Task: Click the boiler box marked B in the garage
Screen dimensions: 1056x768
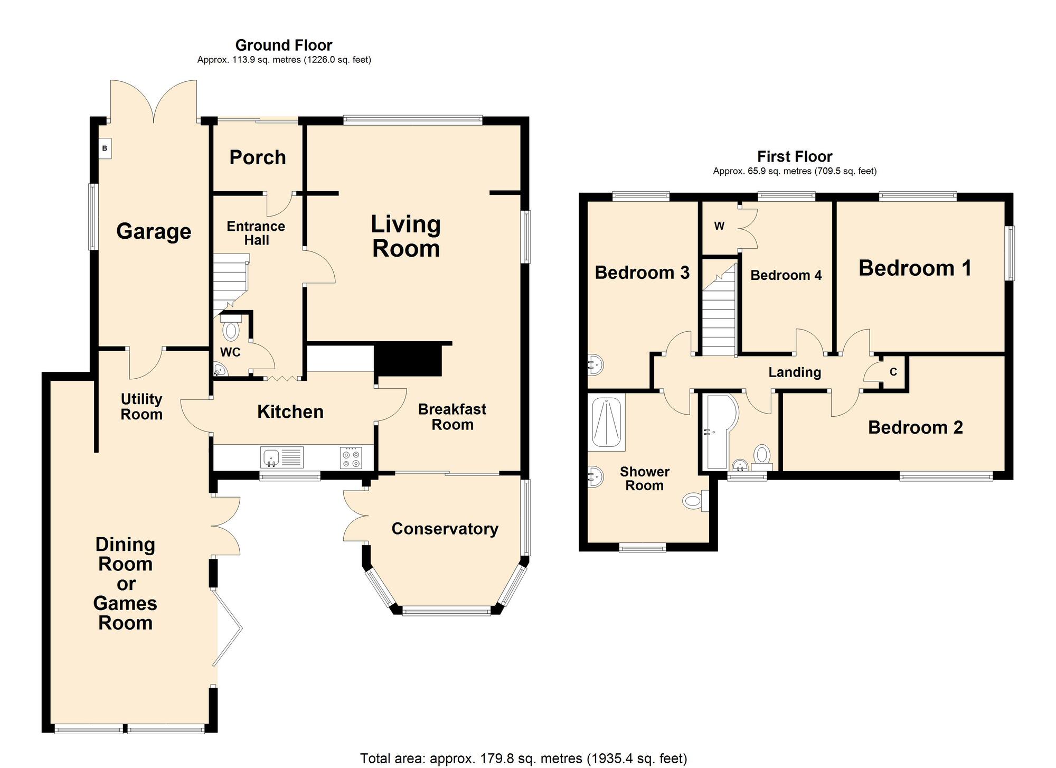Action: click(105, 148)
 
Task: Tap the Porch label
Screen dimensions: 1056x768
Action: click(258, 157)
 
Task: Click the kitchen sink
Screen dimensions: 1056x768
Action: click(282, 457)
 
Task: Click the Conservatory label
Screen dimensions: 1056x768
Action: click(445, 529)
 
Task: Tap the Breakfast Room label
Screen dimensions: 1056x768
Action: click(452, 417)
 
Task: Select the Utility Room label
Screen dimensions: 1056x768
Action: click(142, 407)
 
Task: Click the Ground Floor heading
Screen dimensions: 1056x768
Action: click(284, 45)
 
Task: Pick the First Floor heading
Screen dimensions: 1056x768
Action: click(795, 156)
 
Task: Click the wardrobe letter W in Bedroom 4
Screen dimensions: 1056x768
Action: click(719, 226)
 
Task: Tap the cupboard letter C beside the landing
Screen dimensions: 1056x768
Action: click(893, 372)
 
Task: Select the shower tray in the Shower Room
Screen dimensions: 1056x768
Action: click(606, 423)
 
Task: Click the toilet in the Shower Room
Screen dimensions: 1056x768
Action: click(696, 500)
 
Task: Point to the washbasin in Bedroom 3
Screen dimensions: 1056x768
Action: click(595, 364)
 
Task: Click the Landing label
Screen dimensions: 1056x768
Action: click(795, 372)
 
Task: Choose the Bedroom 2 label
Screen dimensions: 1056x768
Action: click(915, 427)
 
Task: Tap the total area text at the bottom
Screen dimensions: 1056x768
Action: click(523, 758)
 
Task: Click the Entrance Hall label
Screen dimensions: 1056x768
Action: click(256, 233)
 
